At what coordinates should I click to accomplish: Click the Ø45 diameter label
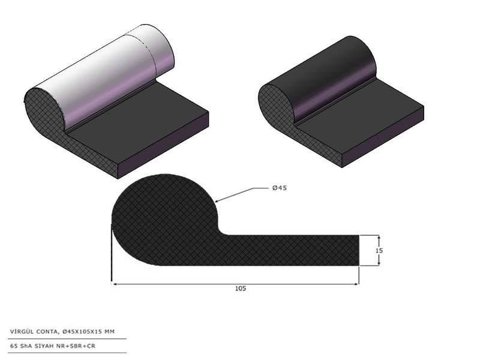click(280, 188)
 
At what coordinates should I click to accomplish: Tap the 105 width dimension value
click(241, 289)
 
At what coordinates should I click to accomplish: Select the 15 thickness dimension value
click(379, 250)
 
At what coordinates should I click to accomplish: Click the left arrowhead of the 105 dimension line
click(115, 284)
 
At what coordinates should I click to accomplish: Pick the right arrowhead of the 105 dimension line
click(356, 284)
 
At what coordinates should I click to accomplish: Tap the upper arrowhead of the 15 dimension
click(379, 238)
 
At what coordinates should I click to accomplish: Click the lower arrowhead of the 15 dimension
click(379, 263)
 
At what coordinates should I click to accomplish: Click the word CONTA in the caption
click(47, 332)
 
